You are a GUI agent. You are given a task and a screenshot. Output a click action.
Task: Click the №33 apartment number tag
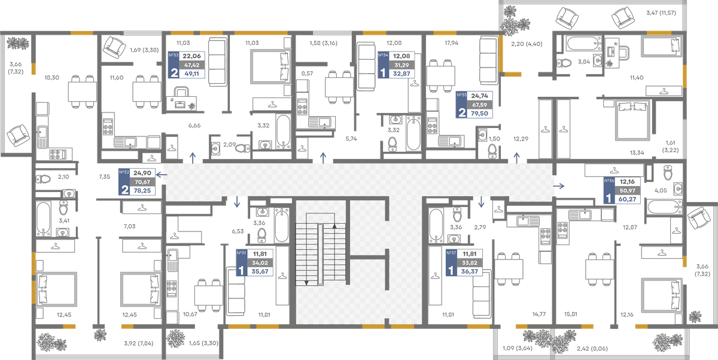click(x=174, y=55)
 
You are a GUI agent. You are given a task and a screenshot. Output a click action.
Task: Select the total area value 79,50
click(x=479, y=114)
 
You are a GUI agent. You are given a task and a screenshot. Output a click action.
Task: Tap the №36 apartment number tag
click(x=609, y=181)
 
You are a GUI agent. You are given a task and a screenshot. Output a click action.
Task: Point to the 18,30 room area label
click(x=51, y=78)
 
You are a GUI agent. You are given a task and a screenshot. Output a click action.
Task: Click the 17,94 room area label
click(x=451, y=43)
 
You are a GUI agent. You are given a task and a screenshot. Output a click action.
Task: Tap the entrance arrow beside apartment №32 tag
click(x=162, y=175)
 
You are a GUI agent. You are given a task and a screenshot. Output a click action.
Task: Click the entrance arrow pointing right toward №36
click(x=559, y=186)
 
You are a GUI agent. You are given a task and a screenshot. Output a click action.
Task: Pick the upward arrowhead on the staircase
click(x=334, y=226)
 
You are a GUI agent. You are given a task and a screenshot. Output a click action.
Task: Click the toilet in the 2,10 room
click(x=43, y=179)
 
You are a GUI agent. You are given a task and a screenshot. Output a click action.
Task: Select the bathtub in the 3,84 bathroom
click(x=583, y=43)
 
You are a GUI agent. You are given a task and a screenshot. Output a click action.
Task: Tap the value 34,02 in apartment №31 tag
click(x=260, y=263)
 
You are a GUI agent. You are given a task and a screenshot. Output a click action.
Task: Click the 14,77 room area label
click(x=539, y=314)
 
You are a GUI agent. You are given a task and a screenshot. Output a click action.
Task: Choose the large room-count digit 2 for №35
click(x=462, y=112)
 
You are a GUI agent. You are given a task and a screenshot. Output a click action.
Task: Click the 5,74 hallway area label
click(x=351, y=139)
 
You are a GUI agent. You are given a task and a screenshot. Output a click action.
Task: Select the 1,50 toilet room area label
click(x=494, y=139)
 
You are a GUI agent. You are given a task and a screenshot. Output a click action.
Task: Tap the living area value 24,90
click(x=142, y=173)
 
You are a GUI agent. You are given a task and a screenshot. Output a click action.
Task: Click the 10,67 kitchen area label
click(x=190, y=314)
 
